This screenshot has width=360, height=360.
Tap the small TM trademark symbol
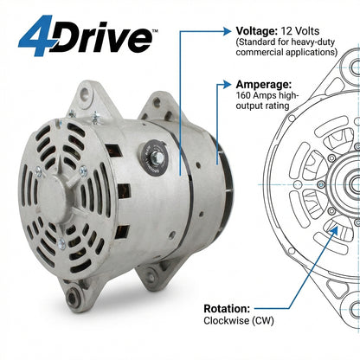coord(155,30)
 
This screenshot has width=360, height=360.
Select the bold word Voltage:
coord(256,31)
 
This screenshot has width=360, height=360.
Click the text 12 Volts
coord(300,31)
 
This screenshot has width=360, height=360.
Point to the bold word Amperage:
coord(264,85)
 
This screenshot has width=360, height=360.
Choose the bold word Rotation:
coord(227,309)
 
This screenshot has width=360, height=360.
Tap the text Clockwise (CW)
coord(239,320)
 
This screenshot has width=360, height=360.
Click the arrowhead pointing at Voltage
coord(228,31)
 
